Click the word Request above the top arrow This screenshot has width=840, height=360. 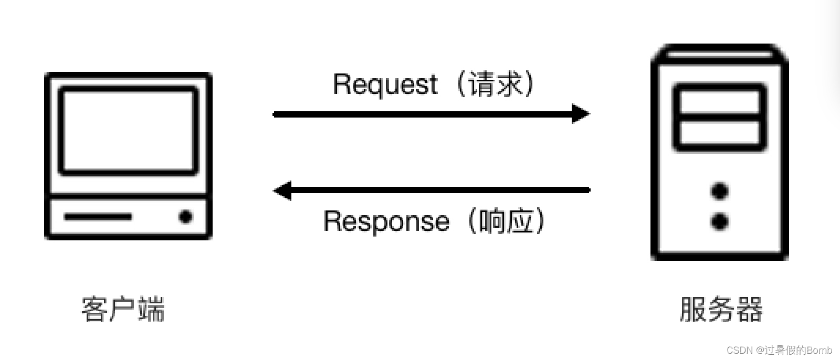pyautogui.click(x=385, y=84)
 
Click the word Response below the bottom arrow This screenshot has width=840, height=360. pyautogui.click(x=386, y=221)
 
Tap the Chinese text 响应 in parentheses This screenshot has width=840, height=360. pyautogui.click(x=506, y=221)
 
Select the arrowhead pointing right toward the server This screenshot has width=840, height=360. pyautogui.click(x=580, y=113)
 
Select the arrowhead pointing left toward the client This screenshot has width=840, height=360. pyautogui.click(x=283, y=190)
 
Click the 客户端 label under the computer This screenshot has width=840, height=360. pyautogui.click(x=123, y=309)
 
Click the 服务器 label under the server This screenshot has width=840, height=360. pyautogui.click(x=720, y=309)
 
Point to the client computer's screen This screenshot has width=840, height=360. pyautogui.click(x=129, y=131)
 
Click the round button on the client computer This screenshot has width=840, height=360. pyautogui.click(x=185, y=216)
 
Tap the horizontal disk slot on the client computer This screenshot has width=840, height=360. pyautogui.click(x=98, y=216)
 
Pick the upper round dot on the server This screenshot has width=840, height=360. pyautogui.click(x=720, y=190)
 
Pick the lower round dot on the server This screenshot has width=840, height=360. pyautogui.click(x=720, y=221)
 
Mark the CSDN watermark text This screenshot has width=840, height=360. pyautogui.click(x=740, y=350)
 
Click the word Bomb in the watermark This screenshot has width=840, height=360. pyautogui.click(x=820, y=350)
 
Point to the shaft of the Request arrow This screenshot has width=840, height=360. pyautogui.click(x=420, y=114)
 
